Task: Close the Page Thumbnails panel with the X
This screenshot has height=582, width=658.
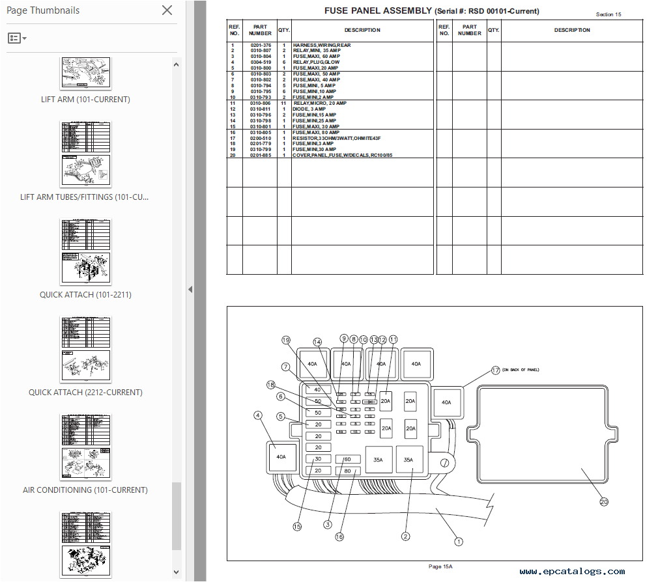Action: point(167,10)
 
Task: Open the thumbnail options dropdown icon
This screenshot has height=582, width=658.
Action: point(17,38)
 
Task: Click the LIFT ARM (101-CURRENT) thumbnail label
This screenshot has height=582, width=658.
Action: point(85,100)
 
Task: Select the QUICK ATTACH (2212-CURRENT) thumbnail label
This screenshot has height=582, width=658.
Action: point(85,393)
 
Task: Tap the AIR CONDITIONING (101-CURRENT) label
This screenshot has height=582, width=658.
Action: point(85,490)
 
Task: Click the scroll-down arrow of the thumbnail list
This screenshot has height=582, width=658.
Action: point(176,572)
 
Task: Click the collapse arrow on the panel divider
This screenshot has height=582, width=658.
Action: point(190,290)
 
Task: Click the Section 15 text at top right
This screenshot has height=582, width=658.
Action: point(608,14)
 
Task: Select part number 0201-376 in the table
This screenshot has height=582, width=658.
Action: point(260,45)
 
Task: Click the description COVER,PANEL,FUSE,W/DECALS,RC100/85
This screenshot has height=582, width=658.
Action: point(342,155)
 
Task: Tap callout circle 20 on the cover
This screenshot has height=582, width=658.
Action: point(603,502)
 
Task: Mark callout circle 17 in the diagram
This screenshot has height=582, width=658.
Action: point(495,370)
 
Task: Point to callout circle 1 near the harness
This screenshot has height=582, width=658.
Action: point(458,541)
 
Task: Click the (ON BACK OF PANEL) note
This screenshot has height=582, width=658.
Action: point(521,370)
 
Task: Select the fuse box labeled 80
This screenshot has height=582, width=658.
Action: point(347,471)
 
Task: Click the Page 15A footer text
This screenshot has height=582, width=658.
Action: point(440,566)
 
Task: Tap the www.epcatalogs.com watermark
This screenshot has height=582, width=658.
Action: point(572,572)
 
